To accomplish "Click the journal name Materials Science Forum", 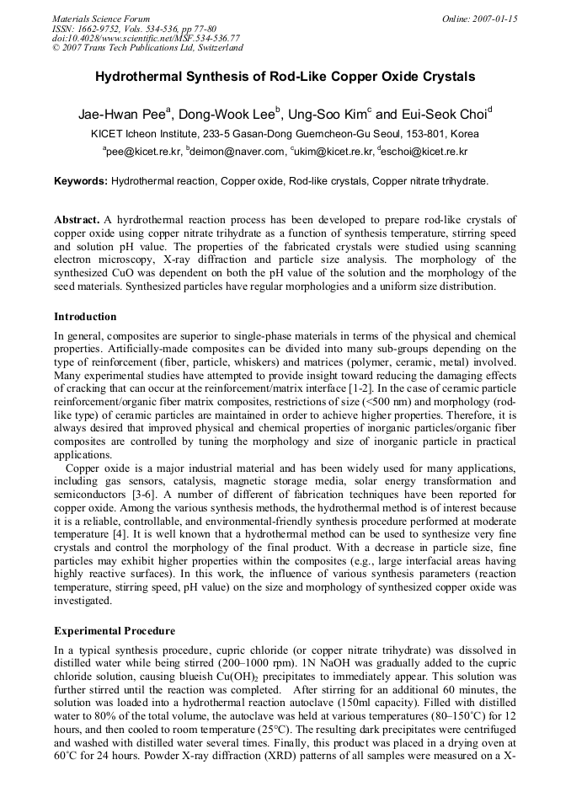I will point(101,19).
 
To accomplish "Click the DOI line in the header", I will point(145,38).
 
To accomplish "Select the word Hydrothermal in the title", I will point(133,77).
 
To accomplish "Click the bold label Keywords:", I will point(81,181).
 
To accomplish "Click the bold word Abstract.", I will point(77,219).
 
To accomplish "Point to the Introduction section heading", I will point(85,317).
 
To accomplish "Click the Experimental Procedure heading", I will point(115,631).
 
